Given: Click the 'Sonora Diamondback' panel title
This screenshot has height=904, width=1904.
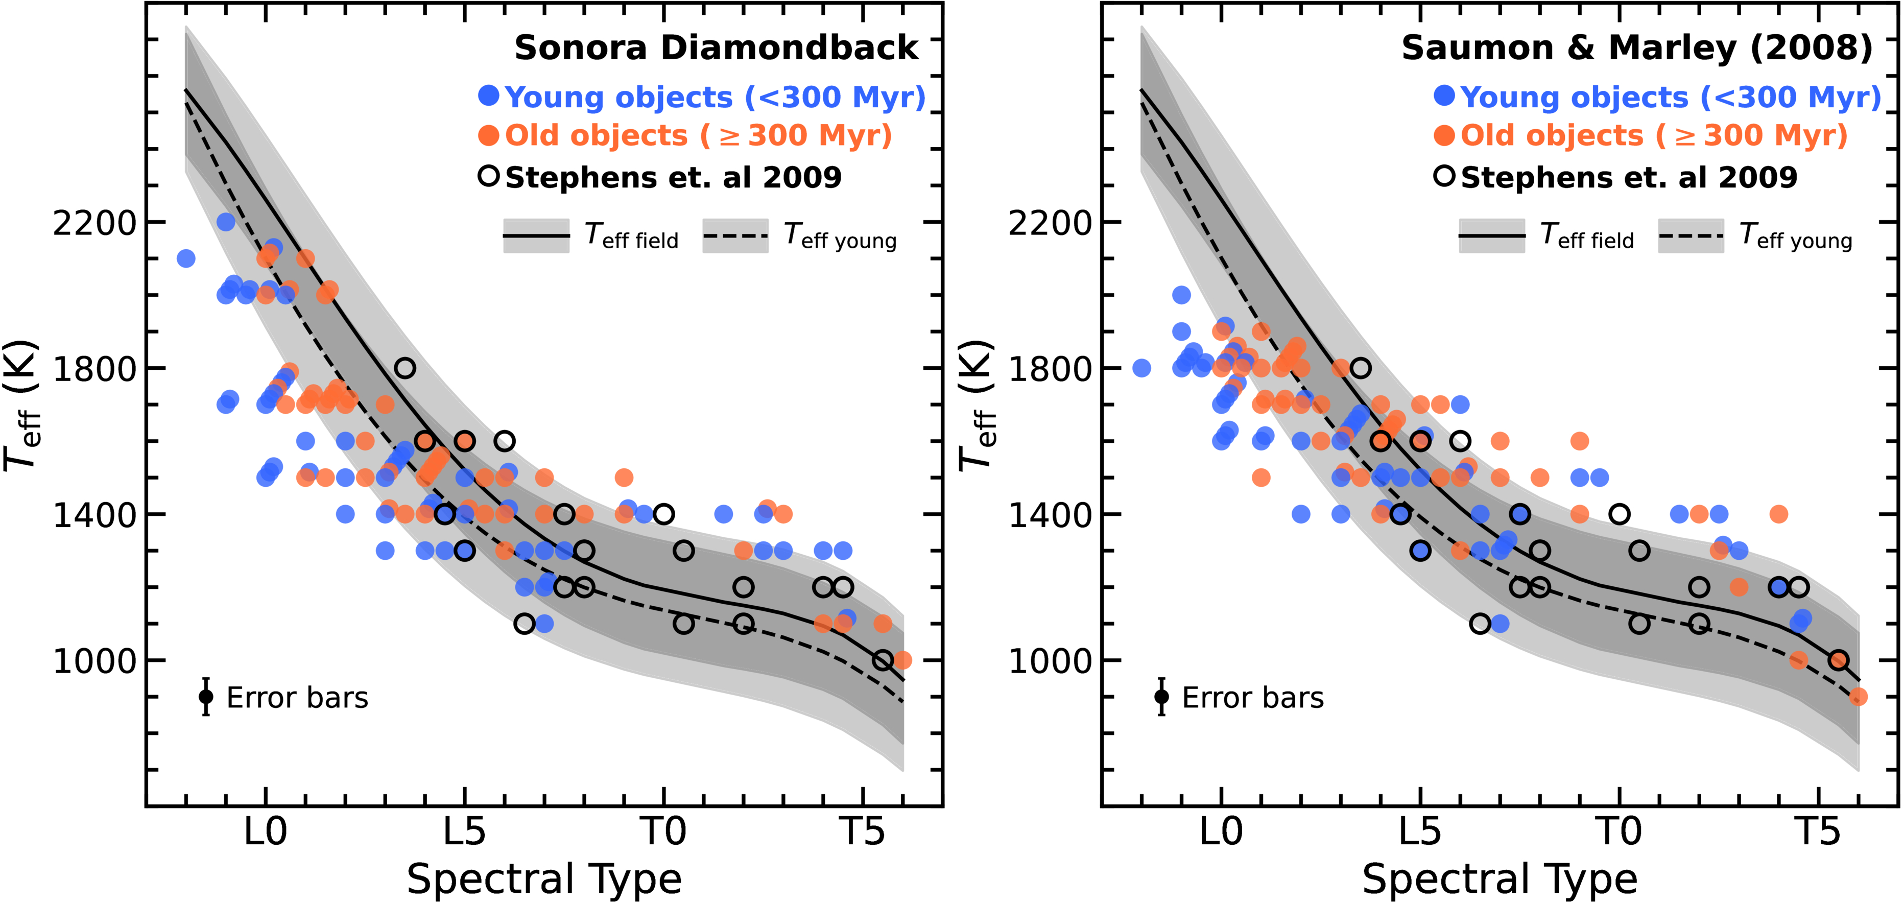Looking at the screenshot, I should [x=716, y=48].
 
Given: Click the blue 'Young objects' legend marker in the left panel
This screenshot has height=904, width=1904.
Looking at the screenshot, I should [x=489, y=96].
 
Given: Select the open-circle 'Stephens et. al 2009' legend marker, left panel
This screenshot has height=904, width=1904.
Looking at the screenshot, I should [x=489, y=176].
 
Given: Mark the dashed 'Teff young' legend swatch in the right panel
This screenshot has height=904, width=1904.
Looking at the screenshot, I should [x=1691, y=236].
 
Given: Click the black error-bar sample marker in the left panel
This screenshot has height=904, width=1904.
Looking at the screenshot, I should [x=206, y=696].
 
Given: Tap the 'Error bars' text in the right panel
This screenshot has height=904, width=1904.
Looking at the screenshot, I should [x=1253, y=698].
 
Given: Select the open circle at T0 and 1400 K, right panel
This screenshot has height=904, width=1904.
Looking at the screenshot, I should [x=1620, y=514].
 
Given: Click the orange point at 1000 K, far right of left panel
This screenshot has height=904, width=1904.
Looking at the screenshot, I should [x=902, y=660].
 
